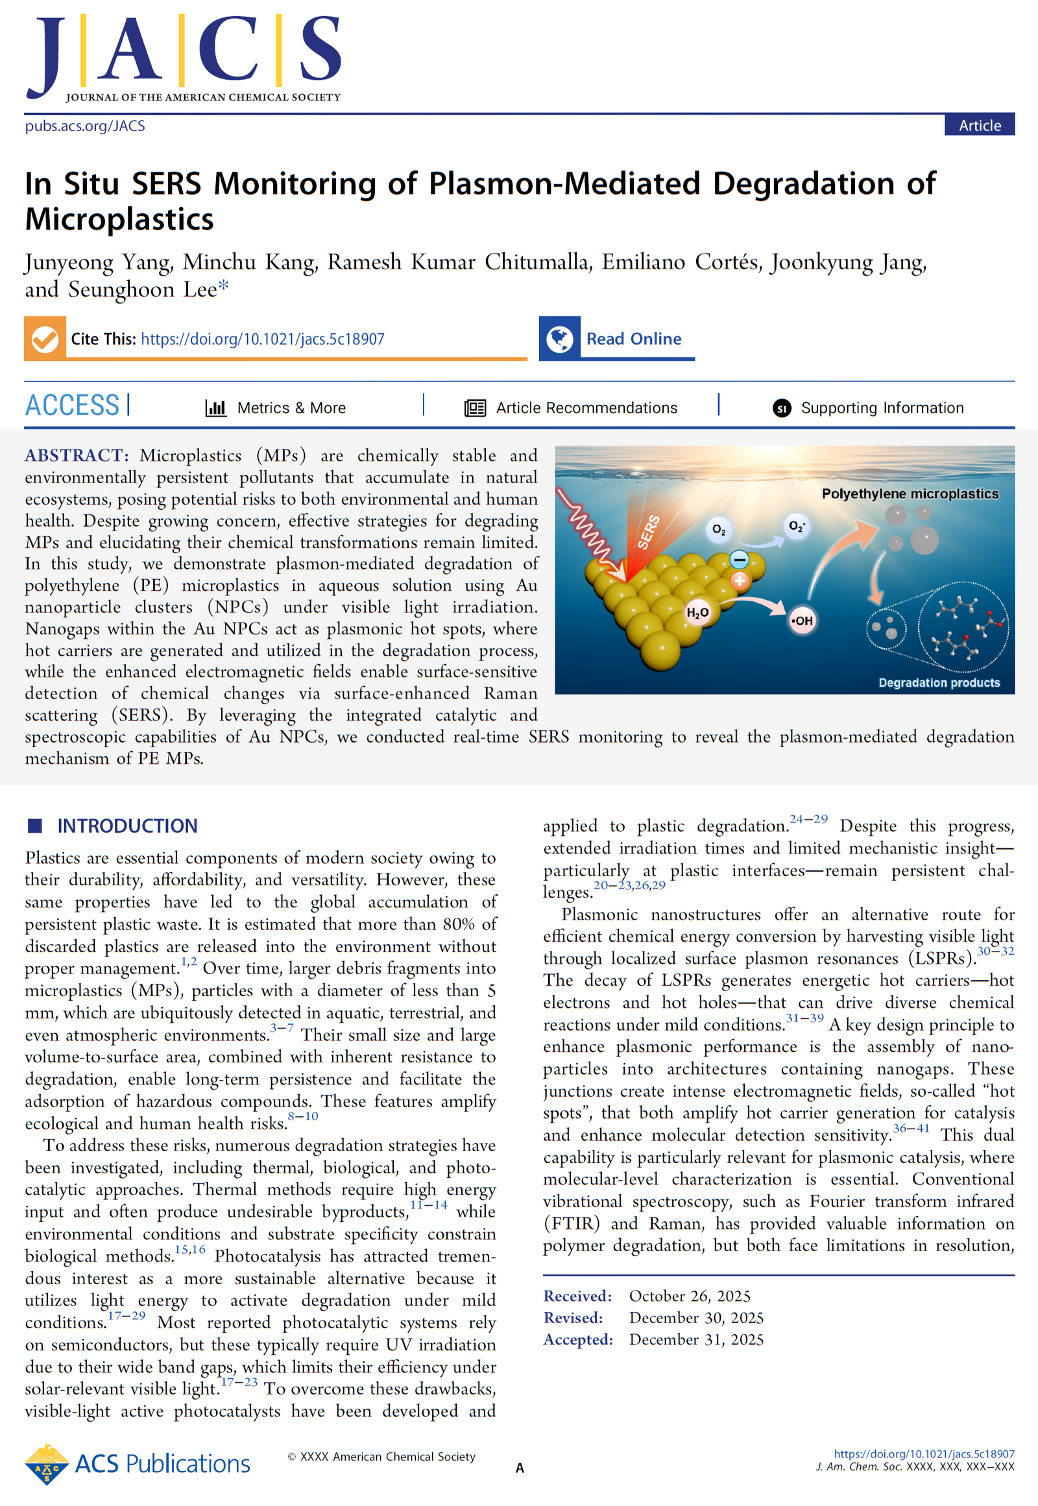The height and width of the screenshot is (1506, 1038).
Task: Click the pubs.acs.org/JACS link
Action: coord(85,126)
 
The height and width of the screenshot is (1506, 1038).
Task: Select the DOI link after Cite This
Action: coord(262,339)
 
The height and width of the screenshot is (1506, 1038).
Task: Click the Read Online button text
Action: coord(633,339)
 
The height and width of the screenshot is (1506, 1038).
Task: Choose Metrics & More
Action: coord(291,408)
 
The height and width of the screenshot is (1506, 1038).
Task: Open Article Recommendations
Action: coord(586,408)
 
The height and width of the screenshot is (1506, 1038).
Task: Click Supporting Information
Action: coord(881,408)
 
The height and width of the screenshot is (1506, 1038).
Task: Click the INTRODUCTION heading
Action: coord(127,826)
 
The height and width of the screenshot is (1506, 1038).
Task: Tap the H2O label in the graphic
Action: coord(697,612)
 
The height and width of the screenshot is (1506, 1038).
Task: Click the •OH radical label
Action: coord(802,621)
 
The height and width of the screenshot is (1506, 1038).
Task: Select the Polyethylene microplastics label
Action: coord(910,494)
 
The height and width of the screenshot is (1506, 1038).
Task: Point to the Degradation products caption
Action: coord(939,683)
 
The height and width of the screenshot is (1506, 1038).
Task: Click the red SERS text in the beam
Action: coord(647,532)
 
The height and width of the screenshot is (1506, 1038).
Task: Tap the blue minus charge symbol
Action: coord(740,559)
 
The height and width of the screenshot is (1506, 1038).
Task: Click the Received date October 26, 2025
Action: coord(690,1296)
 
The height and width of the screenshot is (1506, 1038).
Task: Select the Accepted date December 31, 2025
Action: coord(696,1339)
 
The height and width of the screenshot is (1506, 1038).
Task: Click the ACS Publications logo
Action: coord(138,1464)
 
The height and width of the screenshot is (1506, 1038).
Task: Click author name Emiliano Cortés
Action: coord(681,261)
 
